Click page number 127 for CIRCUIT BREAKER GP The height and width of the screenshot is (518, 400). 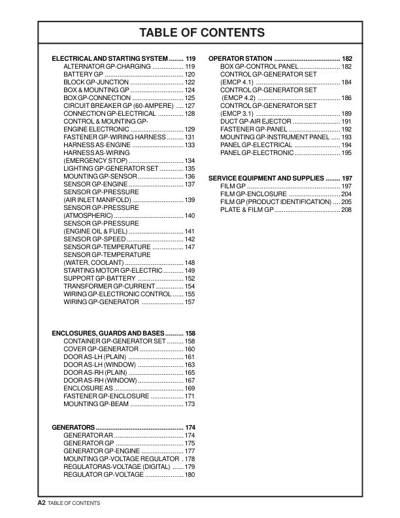coord(190,105)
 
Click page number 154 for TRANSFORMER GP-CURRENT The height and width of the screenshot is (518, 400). coord(190,286)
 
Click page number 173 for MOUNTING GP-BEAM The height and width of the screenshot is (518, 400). coord(190,404)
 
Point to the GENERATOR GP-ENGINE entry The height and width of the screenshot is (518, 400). coord(101,451)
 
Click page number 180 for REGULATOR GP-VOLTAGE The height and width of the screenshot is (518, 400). coord(190,475)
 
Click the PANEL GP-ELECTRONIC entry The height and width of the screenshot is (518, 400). coord(257,152)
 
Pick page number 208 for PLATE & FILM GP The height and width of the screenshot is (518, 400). coord(346,210)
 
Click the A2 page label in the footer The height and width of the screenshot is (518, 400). coord(41,502)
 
